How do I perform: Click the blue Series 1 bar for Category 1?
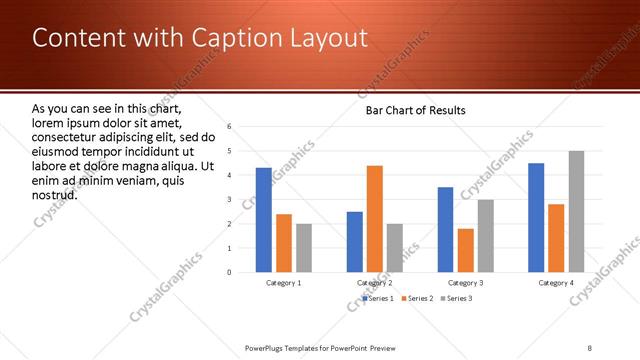(x=263, y=220)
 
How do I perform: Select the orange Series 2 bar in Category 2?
(x=375, y=218)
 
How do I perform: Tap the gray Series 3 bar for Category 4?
(x=577, y=211)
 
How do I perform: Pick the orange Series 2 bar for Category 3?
(x=465, y=250)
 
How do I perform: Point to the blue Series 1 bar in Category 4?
(x=536, y=217)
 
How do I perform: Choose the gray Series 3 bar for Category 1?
(x=304, y=248)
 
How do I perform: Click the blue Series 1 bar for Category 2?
(x=354, y=241)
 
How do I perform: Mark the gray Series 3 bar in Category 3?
(x=486, y=236)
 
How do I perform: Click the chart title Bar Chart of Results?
(x=415, y=110)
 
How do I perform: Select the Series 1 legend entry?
(x=381, y=298)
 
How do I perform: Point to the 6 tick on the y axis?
(x=230, y=127)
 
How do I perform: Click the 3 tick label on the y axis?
(x=230, y=199)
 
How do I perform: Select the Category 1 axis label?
(x=284, y=283)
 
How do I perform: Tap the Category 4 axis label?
(x=557, y=283)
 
